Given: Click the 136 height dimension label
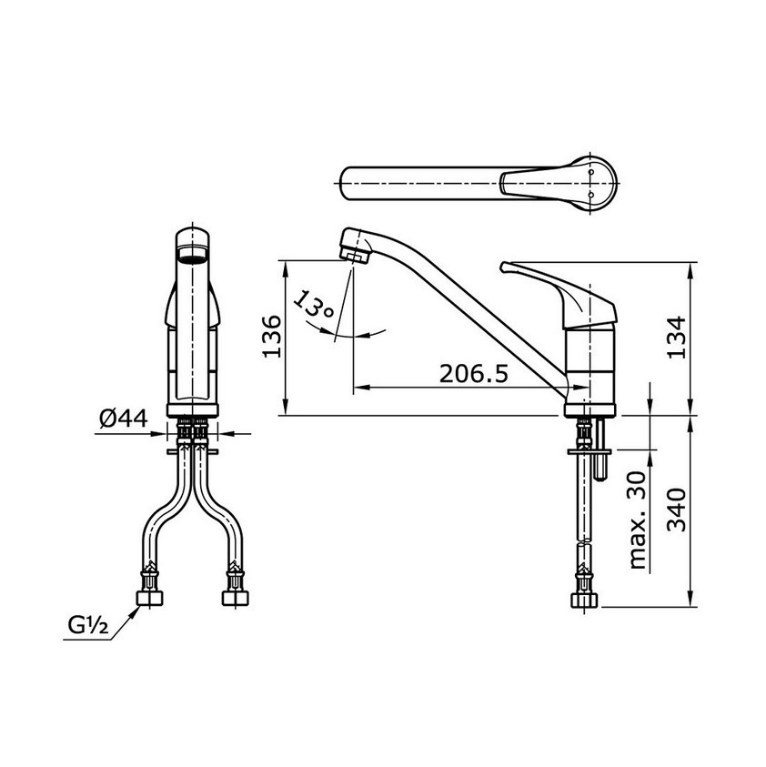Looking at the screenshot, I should click(272, 337).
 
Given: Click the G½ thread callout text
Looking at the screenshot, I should click(88, 626).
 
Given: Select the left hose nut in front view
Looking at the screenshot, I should click(148, 596).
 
